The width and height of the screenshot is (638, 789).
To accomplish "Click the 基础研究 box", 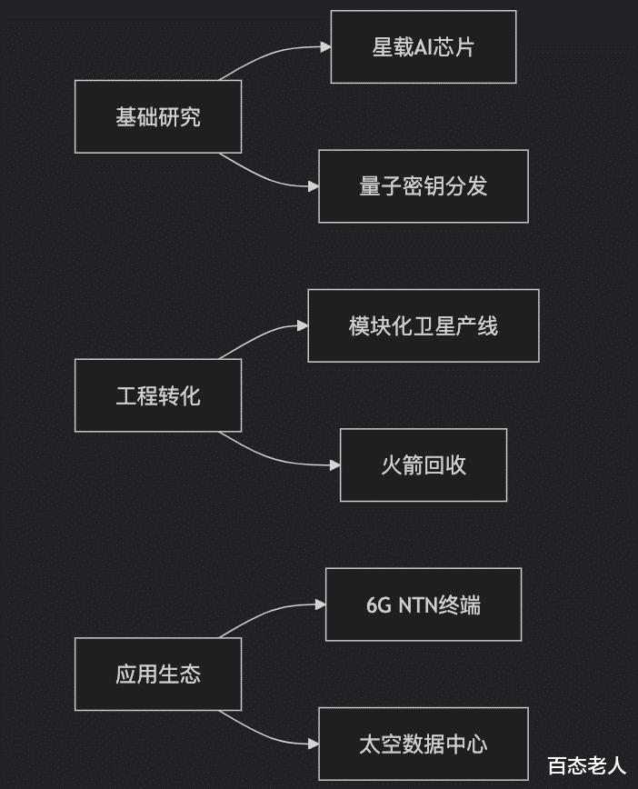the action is click(158, 116).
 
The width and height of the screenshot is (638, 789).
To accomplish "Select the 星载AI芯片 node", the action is click(424, 46).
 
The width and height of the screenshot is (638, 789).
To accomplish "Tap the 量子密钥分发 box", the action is click(424, 186).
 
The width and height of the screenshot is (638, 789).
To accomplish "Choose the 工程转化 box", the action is click(158, 395).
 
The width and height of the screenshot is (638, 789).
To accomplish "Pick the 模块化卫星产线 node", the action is click(424, 325).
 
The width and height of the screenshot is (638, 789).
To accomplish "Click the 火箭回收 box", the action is click(424, 465).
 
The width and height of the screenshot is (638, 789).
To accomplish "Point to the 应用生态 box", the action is click(158, 674).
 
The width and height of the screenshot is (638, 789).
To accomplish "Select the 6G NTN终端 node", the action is click(424, 604).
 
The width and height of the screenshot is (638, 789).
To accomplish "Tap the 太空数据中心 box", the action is click(424, 744).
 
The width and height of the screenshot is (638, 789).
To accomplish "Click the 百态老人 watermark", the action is click(587, 766).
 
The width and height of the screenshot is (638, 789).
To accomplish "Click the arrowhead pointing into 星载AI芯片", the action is click(325, 46).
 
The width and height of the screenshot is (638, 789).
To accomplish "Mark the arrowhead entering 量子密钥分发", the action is click(314, 186).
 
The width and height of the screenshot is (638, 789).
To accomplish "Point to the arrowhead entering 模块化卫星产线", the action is click(303, 325).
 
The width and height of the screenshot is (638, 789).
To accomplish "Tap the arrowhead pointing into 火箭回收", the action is click(335, 465).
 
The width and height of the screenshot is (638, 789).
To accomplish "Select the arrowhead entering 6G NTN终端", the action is click(321, 604).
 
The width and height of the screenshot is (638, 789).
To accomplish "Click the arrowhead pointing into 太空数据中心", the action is click(314, 744).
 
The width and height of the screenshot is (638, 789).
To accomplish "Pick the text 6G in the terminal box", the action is click(379, 604).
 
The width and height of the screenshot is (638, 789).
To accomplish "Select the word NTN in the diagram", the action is click(418, 604).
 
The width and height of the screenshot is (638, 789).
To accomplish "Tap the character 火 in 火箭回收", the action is click(391, 465).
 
